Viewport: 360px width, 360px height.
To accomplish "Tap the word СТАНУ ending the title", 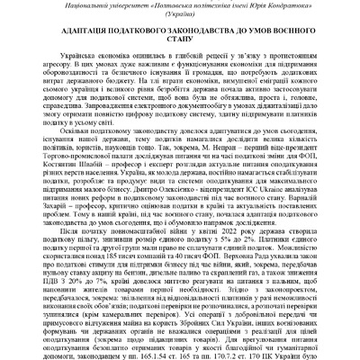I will pyautogui.click(x=179, y=53).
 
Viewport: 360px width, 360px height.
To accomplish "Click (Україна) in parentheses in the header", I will pyautogui.click(x=180, y=20).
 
